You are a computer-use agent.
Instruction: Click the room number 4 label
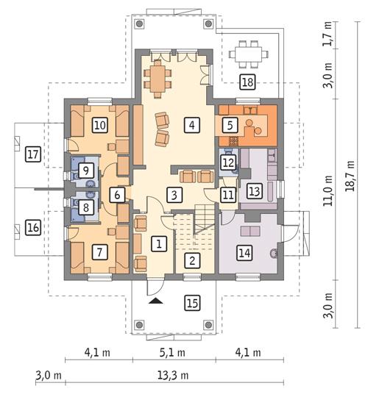tap(191, 124)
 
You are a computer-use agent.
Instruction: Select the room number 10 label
tap(99, 124)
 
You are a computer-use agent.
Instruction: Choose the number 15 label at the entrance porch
tap(191, 301)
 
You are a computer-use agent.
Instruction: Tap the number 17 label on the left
tap(32, 154)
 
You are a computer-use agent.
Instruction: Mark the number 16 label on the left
tap(32, 228)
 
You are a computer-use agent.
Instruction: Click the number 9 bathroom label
tap(87, 171)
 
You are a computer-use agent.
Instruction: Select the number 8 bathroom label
tap(87, 209)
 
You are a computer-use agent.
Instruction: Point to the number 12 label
tap(228, 161)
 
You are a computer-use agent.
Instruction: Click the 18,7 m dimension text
tap(358, 176)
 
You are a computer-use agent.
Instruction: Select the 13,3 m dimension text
tap(170, 375)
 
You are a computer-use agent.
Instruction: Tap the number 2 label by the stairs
tap(191, 260)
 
